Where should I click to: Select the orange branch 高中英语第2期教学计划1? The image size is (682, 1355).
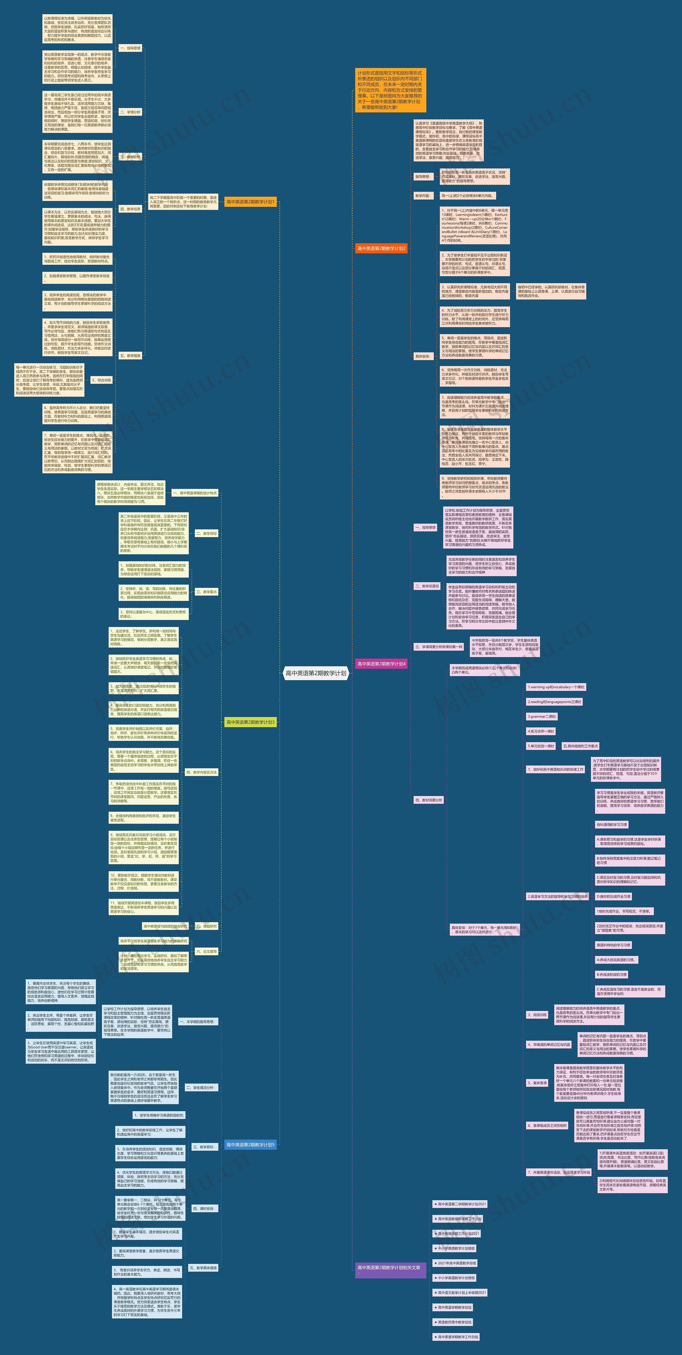[250, 202]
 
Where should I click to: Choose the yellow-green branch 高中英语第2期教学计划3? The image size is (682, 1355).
[250, 722]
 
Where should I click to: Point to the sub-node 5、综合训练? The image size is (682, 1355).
[101, 380]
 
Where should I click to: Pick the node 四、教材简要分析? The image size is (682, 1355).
[429, 800]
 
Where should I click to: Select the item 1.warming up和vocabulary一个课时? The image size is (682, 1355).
[556, 687]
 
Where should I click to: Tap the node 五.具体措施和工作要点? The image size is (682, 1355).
[580, 746]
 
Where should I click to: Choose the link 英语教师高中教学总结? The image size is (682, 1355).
[455, 1322]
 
